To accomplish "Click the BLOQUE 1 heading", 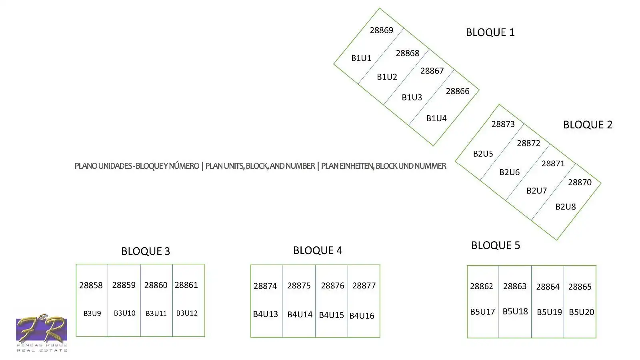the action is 490,32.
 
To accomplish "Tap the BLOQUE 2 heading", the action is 588,124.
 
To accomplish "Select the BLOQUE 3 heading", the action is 146,251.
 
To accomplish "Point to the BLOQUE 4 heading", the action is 318,250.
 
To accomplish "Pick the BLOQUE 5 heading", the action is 496,245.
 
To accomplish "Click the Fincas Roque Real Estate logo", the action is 42,333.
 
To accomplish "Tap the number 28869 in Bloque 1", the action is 382,30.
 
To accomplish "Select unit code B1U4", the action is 436,118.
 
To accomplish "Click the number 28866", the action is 458,91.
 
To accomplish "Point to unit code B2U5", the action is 483,154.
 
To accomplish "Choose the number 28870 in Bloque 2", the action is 580,182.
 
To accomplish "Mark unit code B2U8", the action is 566,206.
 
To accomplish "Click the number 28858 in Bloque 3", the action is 91,285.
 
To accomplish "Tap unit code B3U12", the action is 187,313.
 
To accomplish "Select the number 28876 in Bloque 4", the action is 332,286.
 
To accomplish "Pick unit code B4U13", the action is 266,314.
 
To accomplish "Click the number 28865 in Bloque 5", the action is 580,286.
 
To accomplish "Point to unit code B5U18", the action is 515,312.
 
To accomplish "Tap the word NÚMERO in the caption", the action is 184,166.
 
